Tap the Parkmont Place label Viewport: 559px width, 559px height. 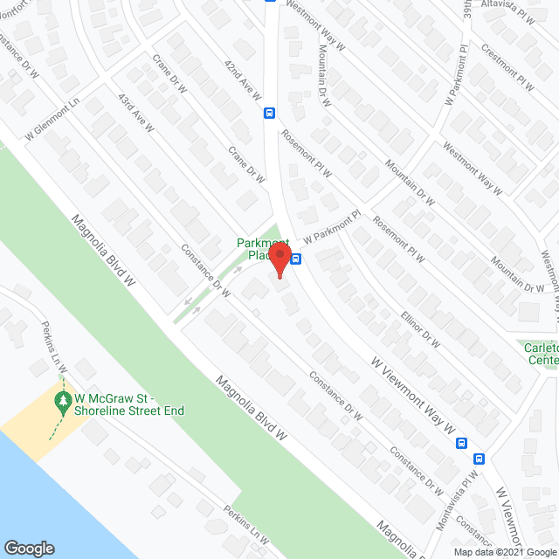263,249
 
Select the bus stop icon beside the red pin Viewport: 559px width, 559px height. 296,259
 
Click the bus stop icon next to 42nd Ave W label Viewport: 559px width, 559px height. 270,113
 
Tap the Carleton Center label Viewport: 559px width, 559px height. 541,354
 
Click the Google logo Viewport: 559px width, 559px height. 29,549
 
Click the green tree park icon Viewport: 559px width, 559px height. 63,401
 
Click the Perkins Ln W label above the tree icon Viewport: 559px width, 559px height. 54,346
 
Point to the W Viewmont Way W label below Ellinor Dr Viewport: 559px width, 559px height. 411,393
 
